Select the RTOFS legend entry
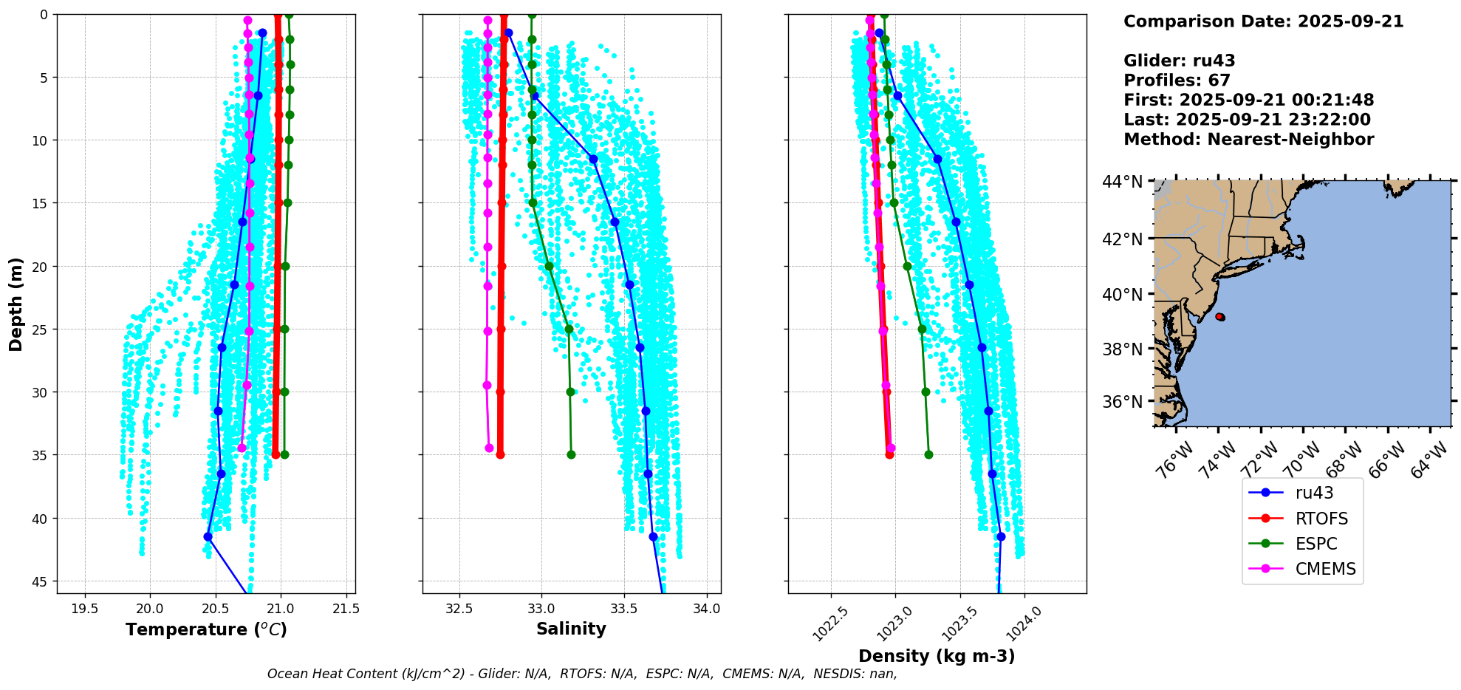[1321, 519]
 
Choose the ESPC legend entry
[1315, 544]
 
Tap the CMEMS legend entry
[1325, 569]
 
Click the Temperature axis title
[206, 629]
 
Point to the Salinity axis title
[571, 629]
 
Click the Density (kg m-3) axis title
[937, 656]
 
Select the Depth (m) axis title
[16, 304]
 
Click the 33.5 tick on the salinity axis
[624, 609]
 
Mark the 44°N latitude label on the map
[1122, 182]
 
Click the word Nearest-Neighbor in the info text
[1290, 140]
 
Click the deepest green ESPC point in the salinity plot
[571, 454]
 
